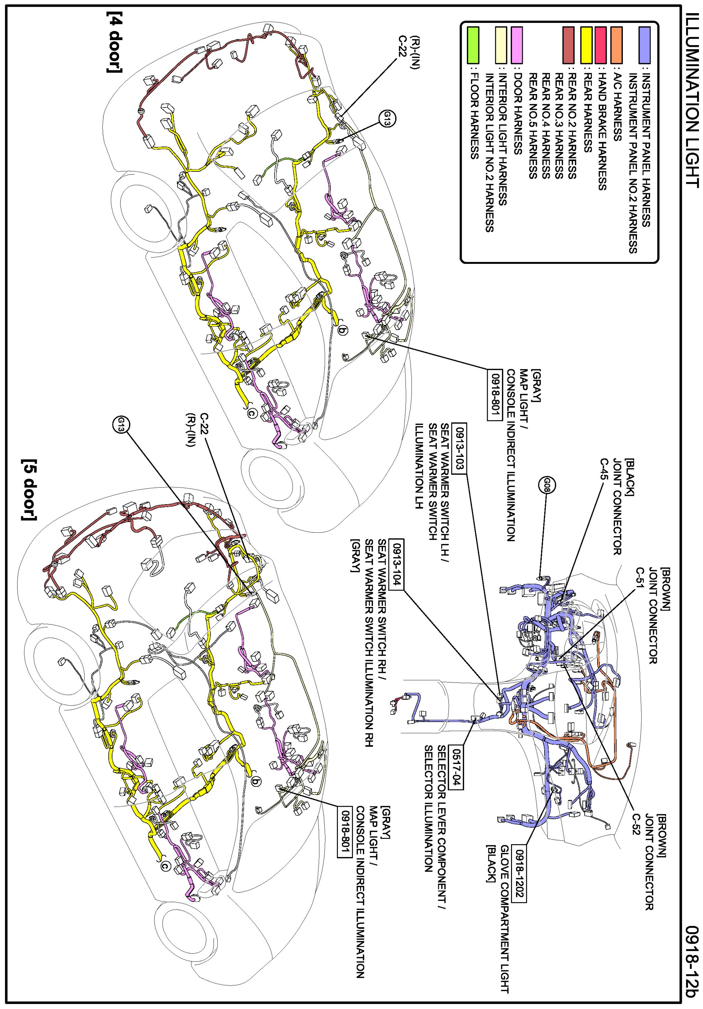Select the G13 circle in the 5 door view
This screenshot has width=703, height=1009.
point(121,425)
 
